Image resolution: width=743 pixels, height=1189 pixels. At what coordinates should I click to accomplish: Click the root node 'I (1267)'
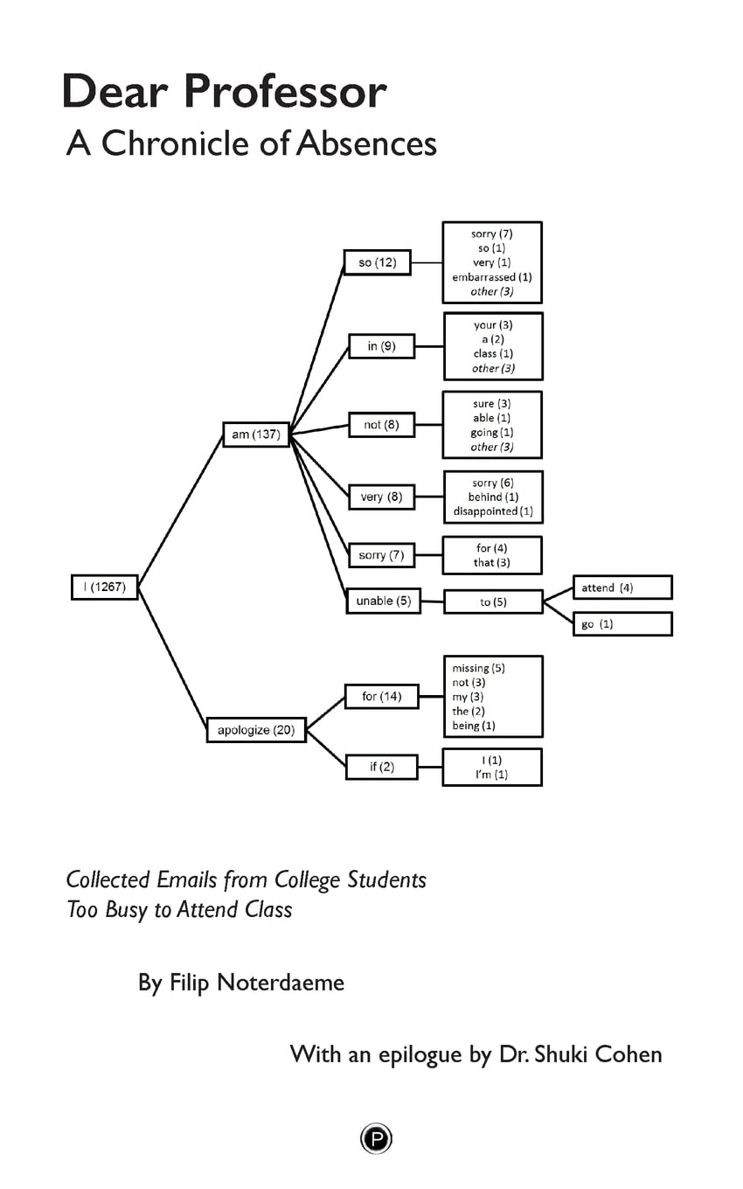pos(104,588)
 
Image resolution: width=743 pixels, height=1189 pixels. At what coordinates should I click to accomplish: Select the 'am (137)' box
pos(255,435)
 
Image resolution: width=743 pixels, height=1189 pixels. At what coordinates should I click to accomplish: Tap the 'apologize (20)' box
pos(256,730)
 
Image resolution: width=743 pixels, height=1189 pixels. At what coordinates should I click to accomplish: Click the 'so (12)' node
pos(377,262)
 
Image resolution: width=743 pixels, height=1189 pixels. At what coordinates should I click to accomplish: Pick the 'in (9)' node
pos(381,346)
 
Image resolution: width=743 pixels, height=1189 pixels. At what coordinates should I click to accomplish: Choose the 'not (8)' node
pos(381,425)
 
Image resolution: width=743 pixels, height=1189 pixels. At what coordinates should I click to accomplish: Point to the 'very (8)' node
pos(381,497)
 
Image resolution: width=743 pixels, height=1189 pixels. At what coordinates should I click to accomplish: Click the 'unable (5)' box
pos(383,601)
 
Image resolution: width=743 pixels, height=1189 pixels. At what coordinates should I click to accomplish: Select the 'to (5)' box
pos(493,602)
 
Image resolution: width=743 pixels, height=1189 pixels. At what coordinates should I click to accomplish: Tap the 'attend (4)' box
pos(621,588)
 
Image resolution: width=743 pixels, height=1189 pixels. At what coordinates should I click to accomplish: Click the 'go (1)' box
pos(621,624)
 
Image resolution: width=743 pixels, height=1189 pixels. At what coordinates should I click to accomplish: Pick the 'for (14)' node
pos(381,697)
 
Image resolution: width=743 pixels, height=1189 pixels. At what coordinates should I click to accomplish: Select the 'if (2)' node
pos(381,767)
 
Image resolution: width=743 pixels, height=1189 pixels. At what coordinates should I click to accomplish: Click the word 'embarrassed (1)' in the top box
pos(491,277)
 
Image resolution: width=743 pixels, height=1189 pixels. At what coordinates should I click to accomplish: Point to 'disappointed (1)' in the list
pos(492,511)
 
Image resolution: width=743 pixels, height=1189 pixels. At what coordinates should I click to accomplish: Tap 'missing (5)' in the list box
pos(478,668)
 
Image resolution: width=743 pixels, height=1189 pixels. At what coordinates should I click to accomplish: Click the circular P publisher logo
pos(376,1139)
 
